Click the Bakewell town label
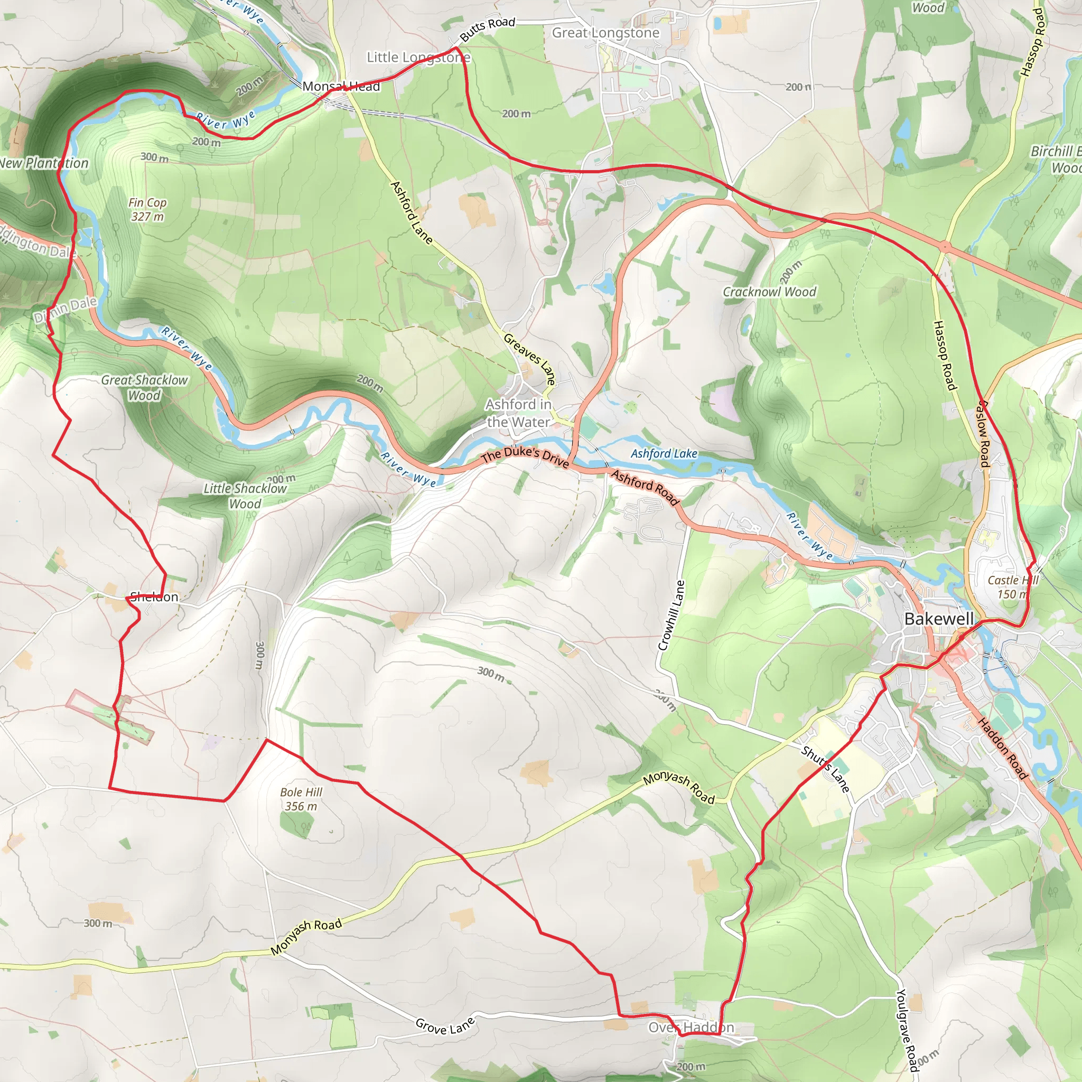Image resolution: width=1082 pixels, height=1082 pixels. [939, 619]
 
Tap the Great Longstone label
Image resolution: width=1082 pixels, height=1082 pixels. [605, 33]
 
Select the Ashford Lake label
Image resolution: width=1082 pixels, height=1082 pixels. [664, 454]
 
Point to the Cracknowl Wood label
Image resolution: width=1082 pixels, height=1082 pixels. [769, 292]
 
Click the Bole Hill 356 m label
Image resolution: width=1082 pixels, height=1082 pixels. [301, 799]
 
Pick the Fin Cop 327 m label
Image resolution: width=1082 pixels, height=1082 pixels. [147, 209]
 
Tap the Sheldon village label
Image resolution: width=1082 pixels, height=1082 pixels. [154, 597]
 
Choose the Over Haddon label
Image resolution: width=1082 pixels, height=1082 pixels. [691, 1028]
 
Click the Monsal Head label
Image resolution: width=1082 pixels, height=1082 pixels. [341, 86]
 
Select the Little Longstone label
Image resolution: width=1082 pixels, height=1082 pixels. [418, 58]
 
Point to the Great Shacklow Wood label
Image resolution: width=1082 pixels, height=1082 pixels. [144, 388]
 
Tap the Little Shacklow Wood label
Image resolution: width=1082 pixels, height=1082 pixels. [245, 496]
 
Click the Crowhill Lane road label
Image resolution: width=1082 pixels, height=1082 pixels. [671, 615]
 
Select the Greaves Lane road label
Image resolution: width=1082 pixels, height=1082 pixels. [530, 359]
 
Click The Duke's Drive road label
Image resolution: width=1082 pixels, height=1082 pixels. [525, 456]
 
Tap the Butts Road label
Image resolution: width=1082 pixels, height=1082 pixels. [487, 29]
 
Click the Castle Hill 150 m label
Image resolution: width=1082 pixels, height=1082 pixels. [1013, 587]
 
